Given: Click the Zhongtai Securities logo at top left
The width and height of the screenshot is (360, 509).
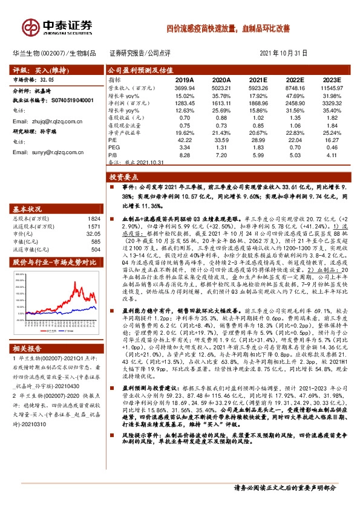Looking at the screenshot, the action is (58, 26).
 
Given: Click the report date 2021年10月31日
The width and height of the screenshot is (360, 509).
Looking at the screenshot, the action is (283, 53).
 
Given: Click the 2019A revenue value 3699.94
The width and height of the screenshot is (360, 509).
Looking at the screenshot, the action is (184, 88).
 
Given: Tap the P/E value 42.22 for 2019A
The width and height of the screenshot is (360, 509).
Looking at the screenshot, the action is (185, 140).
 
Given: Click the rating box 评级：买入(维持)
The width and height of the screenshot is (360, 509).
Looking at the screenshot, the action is (39, 70).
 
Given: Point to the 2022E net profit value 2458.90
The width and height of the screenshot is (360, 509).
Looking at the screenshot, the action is (295, 103).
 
